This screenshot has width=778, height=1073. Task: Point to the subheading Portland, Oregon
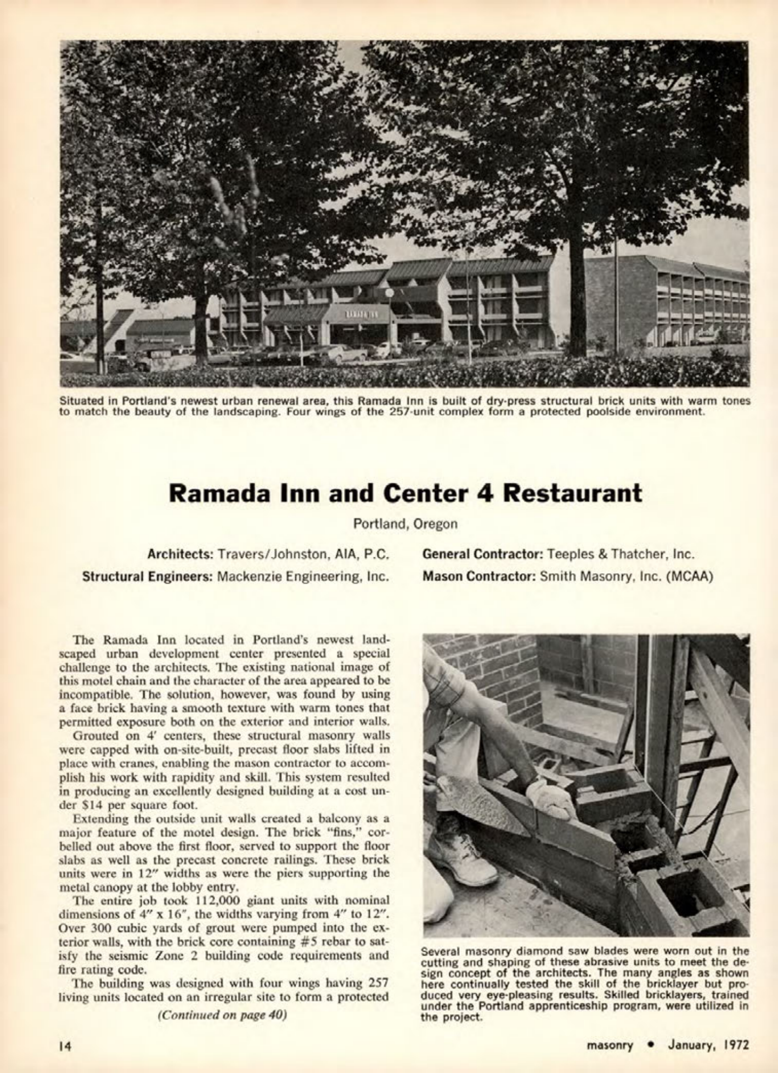point(405,523)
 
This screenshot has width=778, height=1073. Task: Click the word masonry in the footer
point(610,1045)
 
